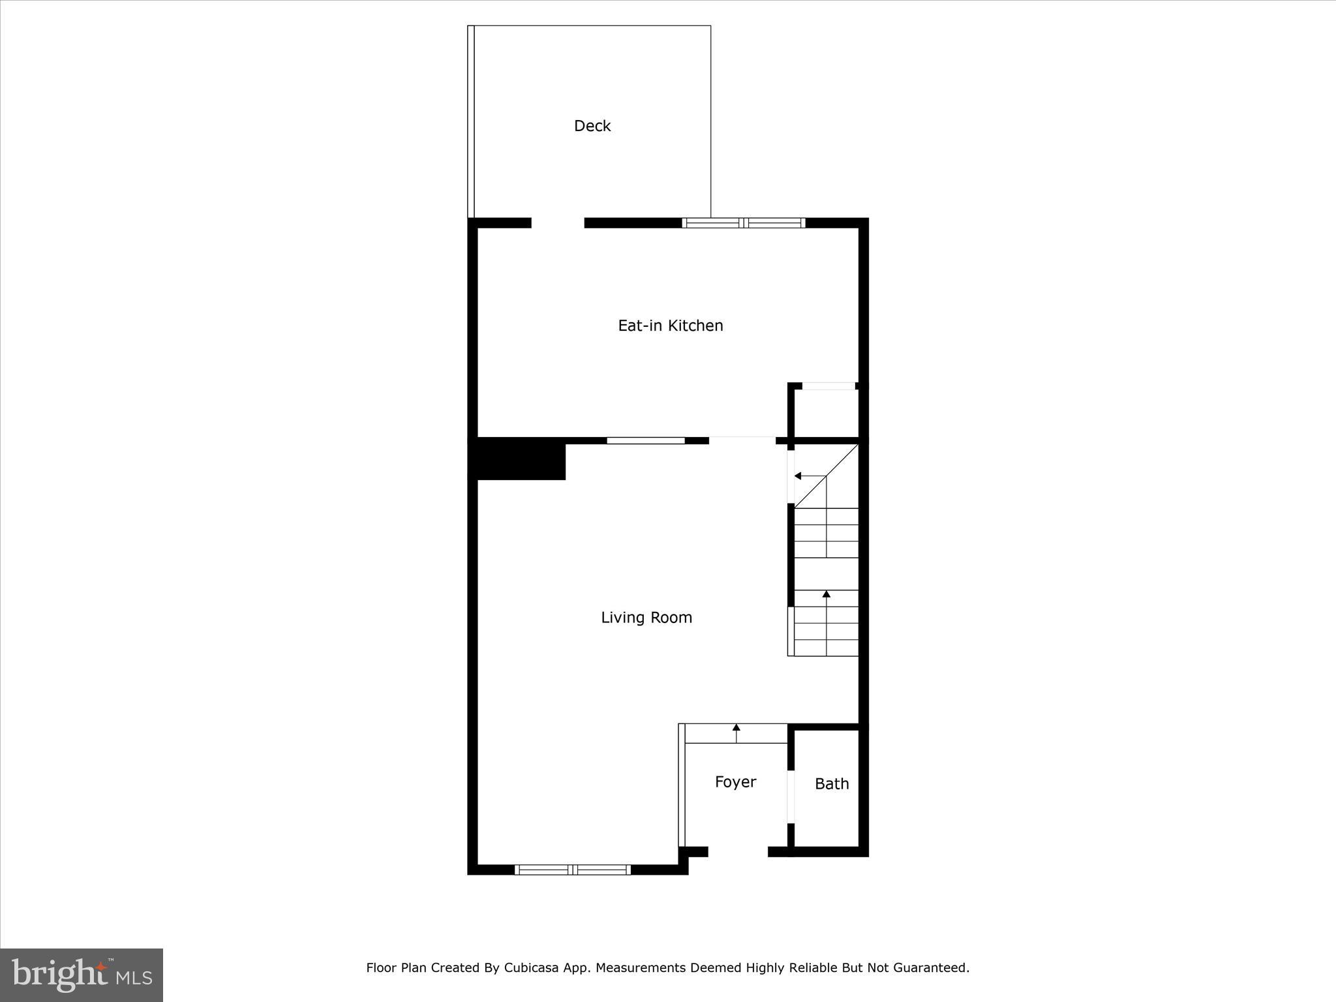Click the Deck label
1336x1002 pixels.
(x=592, y=126)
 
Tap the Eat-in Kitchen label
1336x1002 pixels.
(x=670, y=326)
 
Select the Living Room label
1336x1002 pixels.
(x=646, y=617)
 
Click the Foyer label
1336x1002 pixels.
(x=735, y=782)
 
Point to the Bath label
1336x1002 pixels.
(x=832, y=783)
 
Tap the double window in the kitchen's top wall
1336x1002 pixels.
(x=744, y=223)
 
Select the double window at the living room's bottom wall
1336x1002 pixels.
(x=572, y=870)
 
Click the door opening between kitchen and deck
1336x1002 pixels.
(x=558, y=223)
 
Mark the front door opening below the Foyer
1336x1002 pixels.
(x=738, y=851)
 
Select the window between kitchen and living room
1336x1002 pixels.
(x=646, y=441)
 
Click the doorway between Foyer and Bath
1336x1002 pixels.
(x=791, y=797)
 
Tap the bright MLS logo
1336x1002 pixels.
(x=82, y=975)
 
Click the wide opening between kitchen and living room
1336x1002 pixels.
(x=742, y=441)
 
